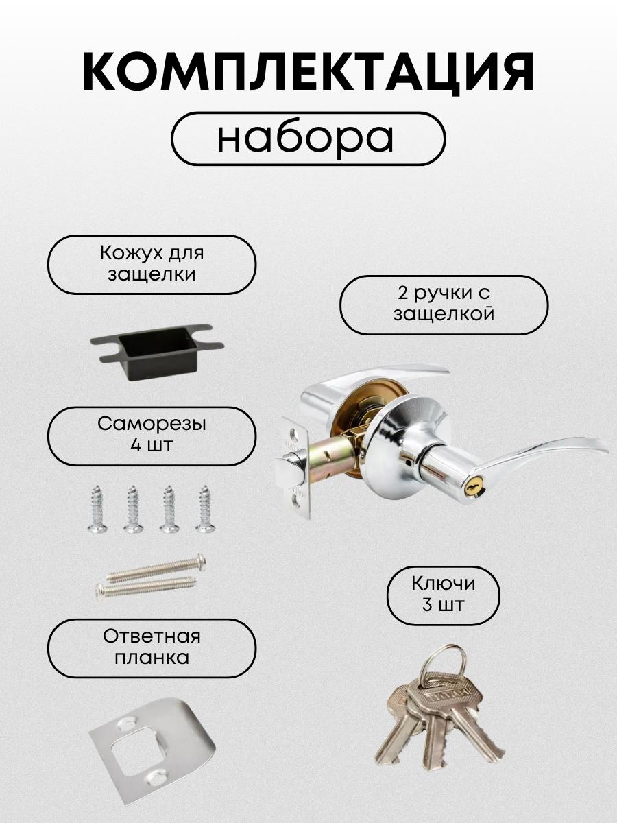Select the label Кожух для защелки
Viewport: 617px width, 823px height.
click(x=152, y=264)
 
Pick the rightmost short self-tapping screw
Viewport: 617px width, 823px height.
click(x=204, y=508)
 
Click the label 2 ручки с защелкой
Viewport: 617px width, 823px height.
click(x=444, y=305)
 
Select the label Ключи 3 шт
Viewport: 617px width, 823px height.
click(x=444, y=595)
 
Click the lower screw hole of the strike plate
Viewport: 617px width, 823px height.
click(x=156, y=776)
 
